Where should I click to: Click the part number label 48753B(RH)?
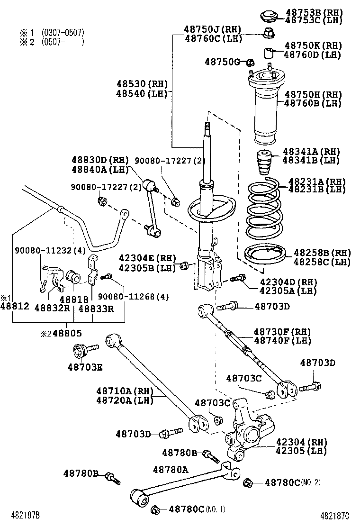coord(313,11)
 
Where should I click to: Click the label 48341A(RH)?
coord(311,152)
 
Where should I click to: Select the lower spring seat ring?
coord(264,256)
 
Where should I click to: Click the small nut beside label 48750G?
coord(252,62)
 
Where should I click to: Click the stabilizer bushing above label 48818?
coord(74,277)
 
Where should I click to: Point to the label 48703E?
coord(85,366)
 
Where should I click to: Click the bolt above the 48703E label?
coord(83,351)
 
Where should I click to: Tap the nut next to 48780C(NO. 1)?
coord(155,510)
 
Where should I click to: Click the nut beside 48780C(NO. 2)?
coord(246,483)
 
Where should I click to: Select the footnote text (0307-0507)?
coord(62,33)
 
